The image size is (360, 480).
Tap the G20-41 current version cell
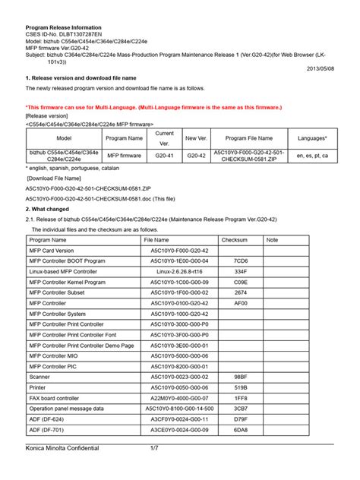click(x=166, y=156)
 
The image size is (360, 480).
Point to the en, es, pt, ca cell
click(x=313, y=156)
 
